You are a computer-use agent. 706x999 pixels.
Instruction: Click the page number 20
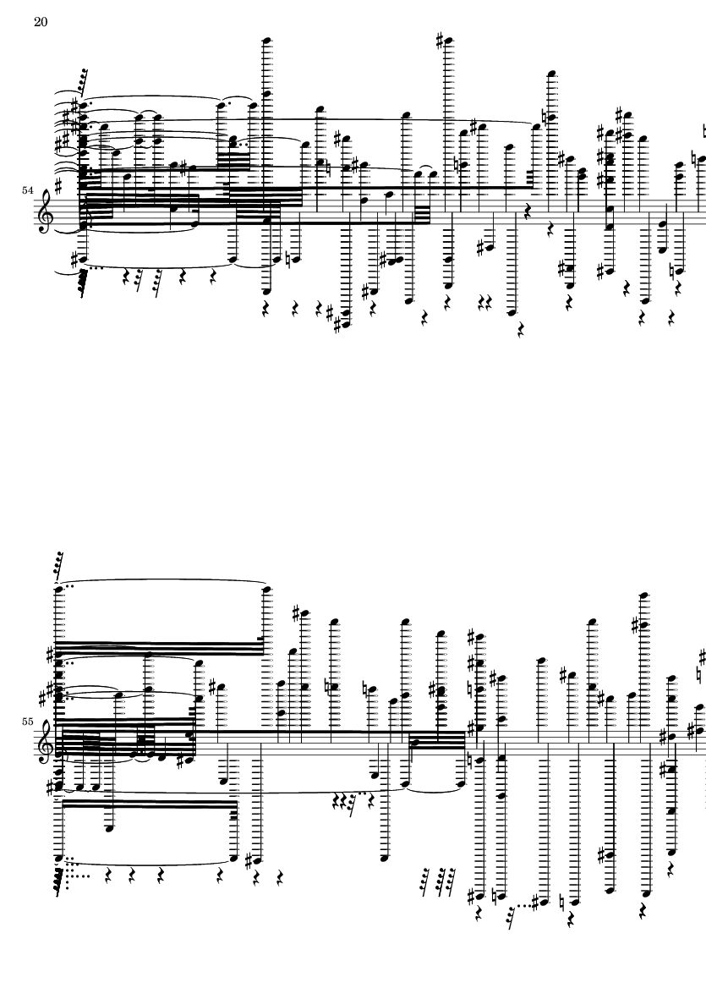point(41,22)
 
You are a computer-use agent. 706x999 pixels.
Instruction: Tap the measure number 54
point(27,190)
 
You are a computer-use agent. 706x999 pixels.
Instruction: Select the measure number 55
point(27,722)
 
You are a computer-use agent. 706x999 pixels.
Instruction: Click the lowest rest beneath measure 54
point(522,330)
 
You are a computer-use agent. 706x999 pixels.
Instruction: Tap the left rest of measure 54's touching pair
point(482,301)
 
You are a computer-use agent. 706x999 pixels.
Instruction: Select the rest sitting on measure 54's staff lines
point(527,211)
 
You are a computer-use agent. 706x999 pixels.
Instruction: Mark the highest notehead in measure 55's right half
point(645,596)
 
